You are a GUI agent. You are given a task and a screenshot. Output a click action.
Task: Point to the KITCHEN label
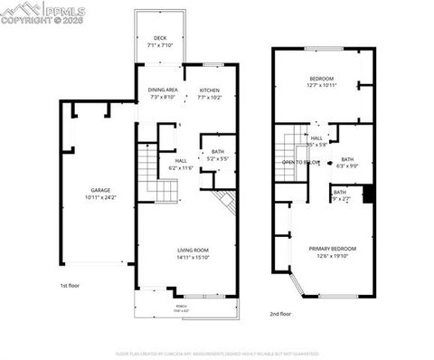coord(210,90)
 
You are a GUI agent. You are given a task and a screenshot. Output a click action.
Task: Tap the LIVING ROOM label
coord(193,250)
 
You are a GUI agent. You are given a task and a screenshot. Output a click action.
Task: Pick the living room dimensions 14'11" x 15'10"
coord(193,256)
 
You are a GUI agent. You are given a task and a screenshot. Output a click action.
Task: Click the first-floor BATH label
coord(217,151)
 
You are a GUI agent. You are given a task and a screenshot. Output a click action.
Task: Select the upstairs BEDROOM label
coord(322,78)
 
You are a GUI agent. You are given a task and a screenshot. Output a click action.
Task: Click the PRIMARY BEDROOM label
coord(333,249)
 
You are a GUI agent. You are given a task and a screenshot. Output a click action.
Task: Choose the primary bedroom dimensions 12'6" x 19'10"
coord(333,255)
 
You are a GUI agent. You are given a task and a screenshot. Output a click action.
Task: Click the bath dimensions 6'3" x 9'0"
coord(347,166)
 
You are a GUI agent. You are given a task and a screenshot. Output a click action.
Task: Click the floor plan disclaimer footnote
coord(217,353)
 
